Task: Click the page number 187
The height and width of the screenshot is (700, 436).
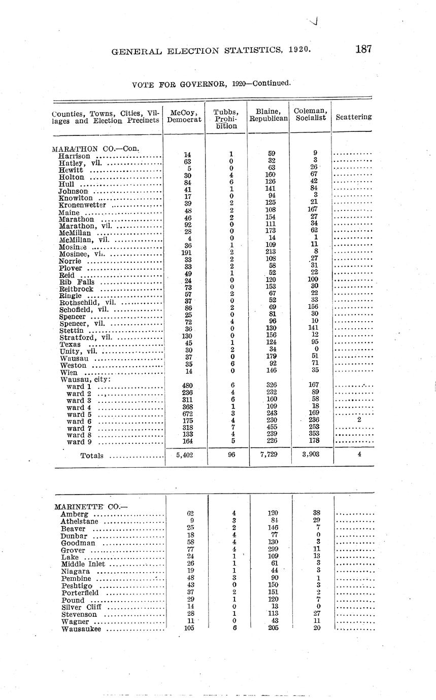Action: pyautogui.click(x=363, y=49)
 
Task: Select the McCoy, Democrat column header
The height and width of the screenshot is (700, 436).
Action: pyautogui.click(x=184, y=116)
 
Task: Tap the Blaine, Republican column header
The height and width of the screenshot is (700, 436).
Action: pyautogui.click(x=269, y=115)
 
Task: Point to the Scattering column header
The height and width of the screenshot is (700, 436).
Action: pyautogui.click(x=353, y=117)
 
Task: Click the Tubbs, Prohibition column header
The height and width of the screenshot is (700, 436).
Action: pyautogui.click(x=226, y=119)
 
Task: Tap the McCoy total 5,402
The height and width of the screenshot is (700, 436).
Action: pyautogui.click(x=183, y=455)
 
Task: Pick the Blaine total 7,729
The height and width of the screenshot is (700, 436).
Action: pyautogui.click(x=268, y=455)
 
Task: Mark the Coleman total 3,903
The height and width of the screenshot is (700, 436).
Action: pyautogui.click(x=310, y=455)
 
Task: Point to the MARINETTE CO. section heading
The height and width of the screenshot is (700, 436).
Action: pyautogui.click(x=84, y=506)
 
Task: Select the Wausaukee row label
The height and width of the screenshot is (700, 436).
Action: pyautogui.click(x=81, y=629)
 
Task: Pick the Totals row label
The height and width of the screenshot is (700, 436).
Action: pyautogui.click(x=92, y=456)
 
